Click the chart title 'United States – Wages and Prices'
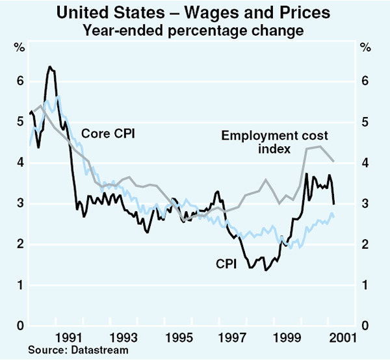point(195,12)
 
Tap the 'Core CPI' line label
point(108,135)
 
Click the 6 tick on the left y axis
point(20,81)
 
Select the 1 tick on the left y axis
point(20,285)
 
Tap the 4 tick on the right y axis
point(366,163)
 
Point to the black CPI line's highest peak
point(49,66)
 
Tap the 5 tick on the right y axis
point(366,122)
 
